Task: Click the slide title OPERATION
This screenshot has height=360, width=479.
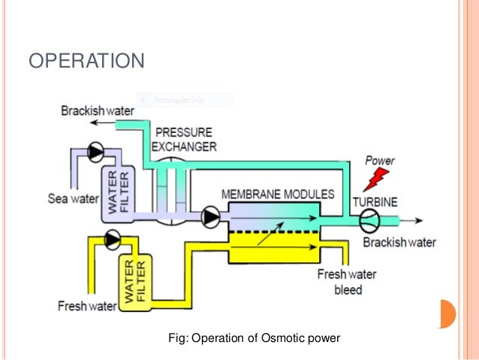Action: pyautogui.click(x=86, y=59)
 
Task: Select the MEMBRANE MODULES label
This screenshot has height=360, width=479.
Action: pyautogui.click(x=278, y=194)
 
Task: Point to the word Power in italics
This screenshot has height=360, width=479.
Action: pyautogui.click(x=379, y=161)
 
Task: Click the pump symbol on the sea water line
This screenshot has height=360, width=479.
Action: pyautogui.click(x=96, y=152)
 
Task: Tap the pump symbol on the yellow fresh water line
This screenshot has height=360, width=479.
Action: pyautogui.click(x=113, y=240)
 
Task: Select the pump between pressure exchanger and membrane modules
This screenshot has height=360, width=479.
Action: pyautogui.click(x=211, y=218)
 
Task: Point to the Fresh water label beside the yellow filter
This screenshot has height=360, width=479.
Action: pyautogui.click(x=87, y=306)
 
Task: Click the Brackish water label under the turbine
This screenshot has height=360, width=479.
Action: pyautogui.click(x=399, y=242)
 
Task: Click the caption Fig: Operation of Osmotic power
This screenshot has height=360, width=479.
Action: pyautogui.click(x=256, y=338)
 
